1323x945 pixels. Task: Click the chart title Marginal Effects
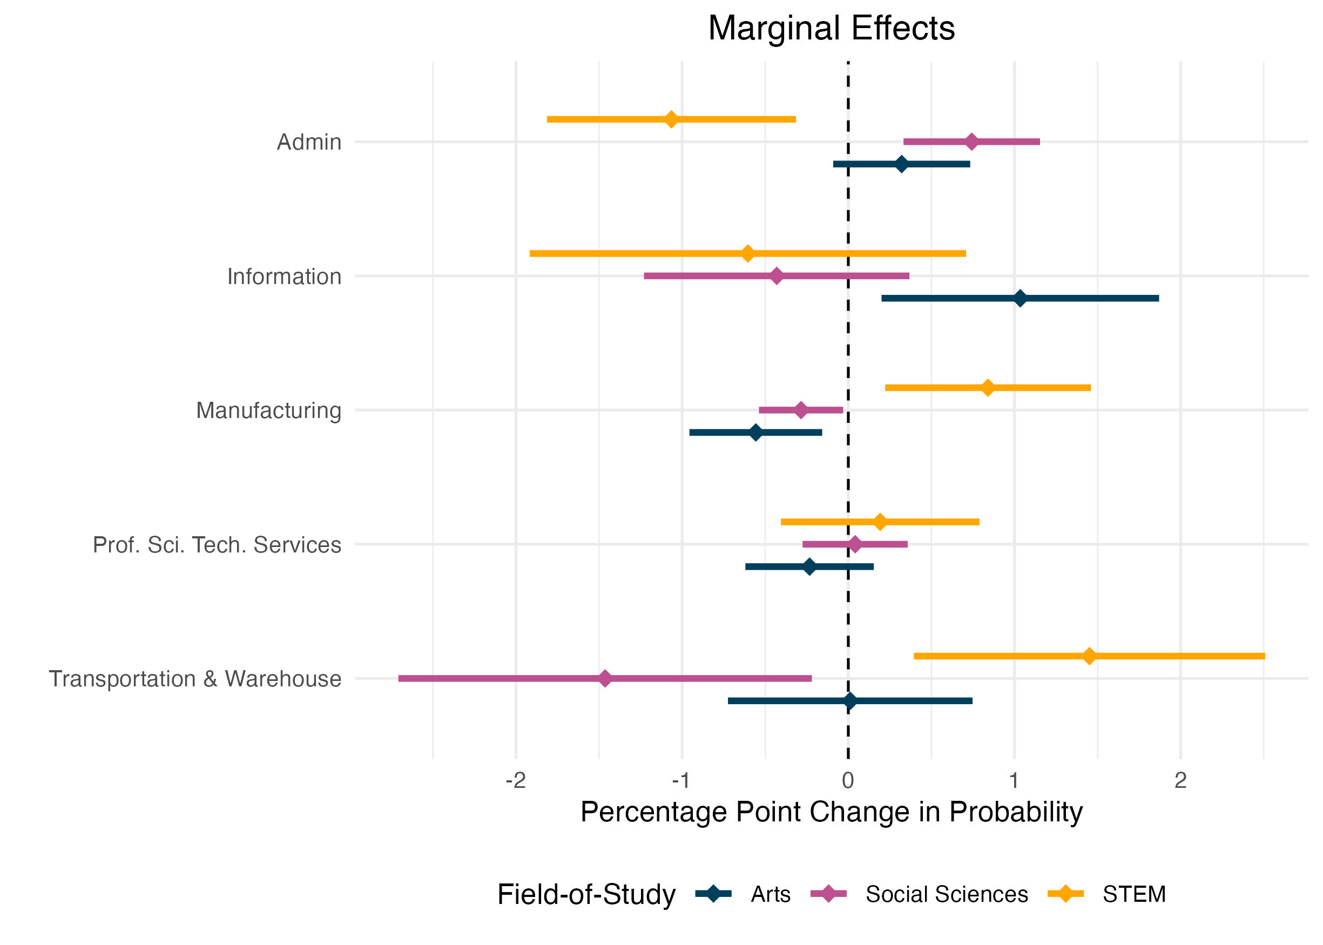click(831, 28)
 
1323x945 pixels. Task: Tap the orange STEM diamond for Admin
click(671, 119)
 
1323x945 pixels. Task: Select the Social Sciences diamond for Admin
click(971, 141)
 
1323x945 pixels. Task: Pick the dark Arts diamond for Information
click(1020, 299)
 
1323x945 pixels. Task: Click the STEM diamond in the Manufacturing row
click(987, 388)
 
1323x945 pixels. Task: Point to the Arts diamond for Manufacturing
click(755, 433)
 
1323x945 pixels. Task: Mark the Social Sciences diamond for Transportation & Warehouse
click(604, 678)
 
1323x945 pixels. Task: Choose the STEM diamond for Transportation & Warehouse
click(1089, 656)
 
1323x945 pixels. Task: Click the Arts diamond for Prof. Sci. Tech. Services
click(809, 567)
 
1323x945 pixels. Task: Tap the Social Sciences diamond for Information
click(776, 276)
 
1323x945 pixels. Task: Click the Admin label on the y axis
click(309, 142)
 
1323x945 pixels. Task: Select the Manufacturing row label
click(268, 410)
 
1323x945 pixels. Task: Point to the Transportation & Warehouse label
click(195, 678)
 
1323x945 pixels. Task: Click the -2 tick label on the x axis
click(516, 780)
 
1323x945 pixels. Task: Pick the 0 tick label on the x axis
click(848, 780)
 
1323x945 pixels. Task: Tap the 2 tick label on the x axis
click(1180, 780)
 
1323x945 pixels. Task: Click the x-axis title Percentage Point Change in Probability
click(831, 812)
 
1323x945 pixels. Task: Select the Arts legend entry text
click(770, 894)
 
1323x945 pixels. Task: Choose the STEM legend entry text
click(1134, 894)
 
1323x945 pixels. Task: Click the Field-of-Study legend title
click(586, 894)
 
